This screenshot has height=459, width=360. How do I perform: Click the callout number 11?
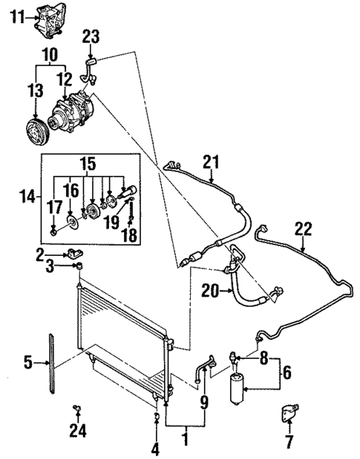tap(16, 16)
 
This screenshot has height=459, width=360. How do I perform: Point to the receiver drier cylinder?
tap(238, 385)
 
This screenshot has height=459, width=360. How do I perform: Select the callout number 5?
tap(27, 362)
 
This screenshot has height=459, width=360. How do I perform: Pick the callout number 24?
tap(76, 428)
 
